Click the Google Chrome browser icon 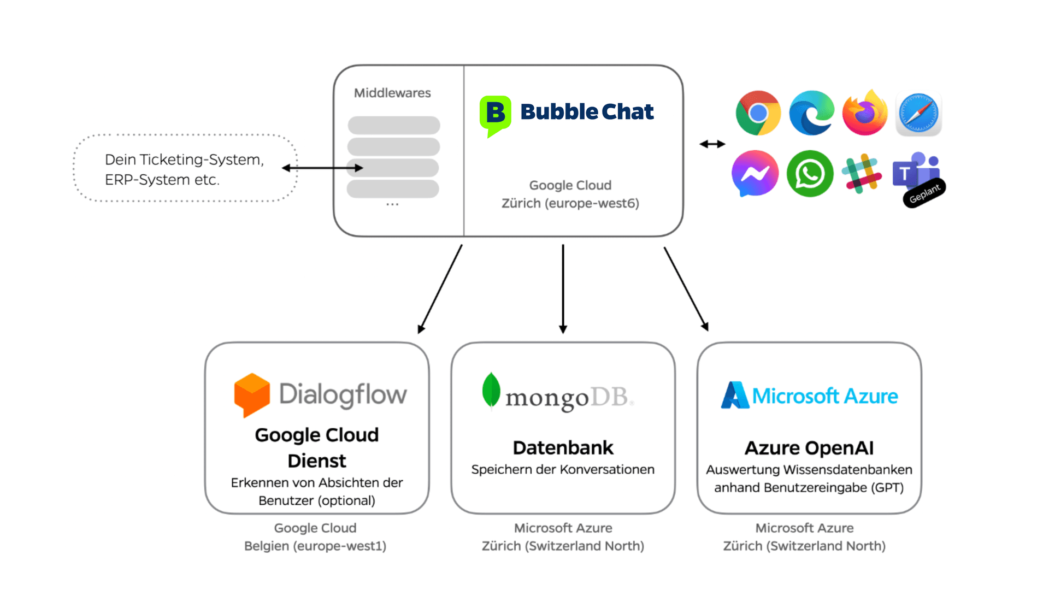(758, 113)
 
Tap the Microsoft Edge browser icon (811, 113)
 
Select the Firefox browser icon (865, 113)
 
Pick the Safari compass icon (918, 114)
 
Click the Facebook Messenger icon (755, 173)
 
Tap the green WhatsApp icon (810, 174)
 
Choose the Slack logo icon (862, 174)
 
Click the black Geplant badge (924, 193)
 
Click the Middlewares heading (392, 93)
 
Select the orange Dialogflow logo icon (252, 395)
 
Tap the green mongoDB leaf (491, 390)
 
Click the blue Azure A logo (734, 395)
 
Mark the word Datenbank (563, 447)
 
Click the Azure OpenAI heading (809, 448)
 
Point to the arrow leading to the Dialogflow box (440, 289)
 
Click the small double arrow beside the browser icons (712, 144)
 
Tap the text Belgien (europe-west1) (315, 546)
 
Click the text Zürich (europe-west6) (570, 203)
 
